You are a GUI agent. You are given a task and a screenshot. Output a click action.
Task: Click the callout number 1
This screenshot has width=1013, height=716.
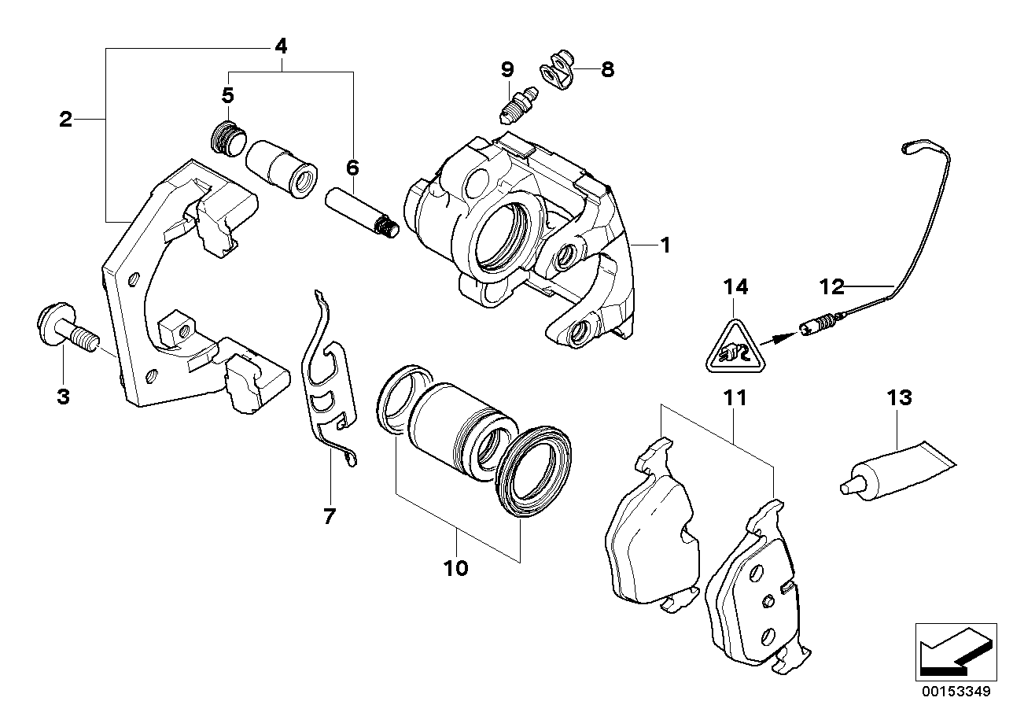click(x=665, y=245)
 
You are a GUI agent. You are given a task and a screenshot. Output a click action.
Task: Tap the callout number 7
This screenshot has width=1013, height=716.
click(x=329, y=516)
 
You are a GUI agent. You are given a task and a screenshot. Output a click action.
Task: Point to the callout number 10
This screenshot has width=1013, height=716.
click(x=455, y=567)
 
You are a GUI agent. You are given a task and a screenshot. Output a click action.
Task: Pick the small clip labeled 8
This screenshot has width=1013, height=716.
click(x=558, y=72)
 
